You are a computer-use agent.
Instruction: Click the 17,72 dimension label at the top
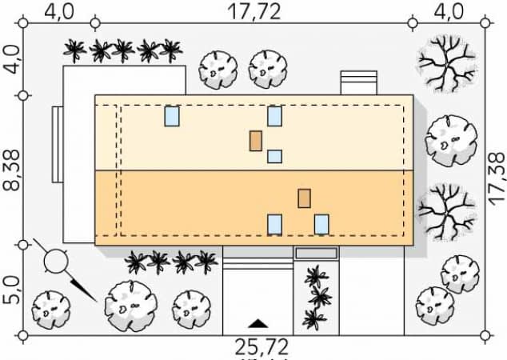point(254,12)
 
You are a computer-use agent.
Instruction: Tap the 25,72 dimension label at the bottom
point(261,347)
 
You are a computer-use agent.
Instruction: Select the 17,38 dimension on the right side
point(497,179)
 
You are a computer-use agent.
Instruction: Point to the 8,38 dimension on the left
point(12,170)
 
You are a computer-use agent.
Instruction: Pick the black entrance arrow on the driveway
point(257,323)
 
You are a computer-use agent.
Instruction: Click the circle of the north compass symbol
point(56,261)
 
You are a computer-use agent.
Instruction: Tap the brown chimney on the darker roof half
point(304,198)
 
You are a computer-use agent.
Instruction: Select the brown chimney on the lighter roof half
point(256,141)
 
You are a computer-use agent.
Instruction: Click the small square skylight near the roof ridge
point(274,156)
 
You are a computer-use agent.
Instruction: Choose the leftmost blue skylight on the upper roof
point(172,116)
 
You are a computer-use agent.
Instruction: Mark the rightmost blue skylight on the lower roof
point(321,224)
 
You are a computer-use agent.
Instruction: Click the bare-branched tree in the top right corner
point(447,64)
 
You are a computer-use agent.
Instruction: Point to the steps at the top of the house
point(359,83)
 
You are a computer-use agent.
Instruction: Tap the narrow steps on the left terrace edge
point(58,145)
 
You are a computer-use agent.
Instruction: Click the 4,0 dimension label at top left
point(59,12)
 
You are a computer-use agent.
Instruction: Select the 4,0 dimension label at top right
point(449,12)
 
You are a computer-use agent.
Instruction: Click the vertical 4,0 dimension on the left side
point(12,59)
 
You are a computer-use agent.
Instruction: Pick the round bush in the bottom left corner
point(50,310)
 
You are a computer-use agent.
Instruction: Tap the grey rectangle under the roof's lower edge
point(317,253)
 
